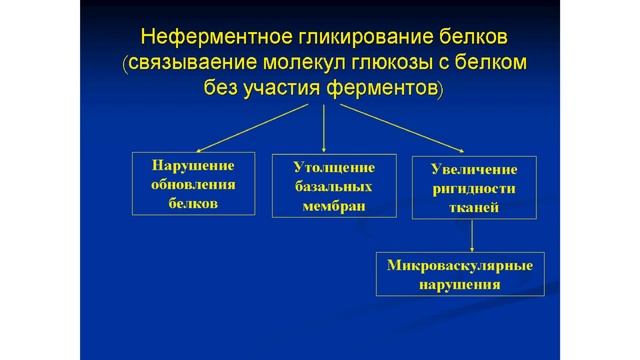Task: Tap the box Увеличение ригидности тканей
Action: [x=469, y=186]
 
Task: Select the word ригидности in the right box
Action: [x=469, y=187]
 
